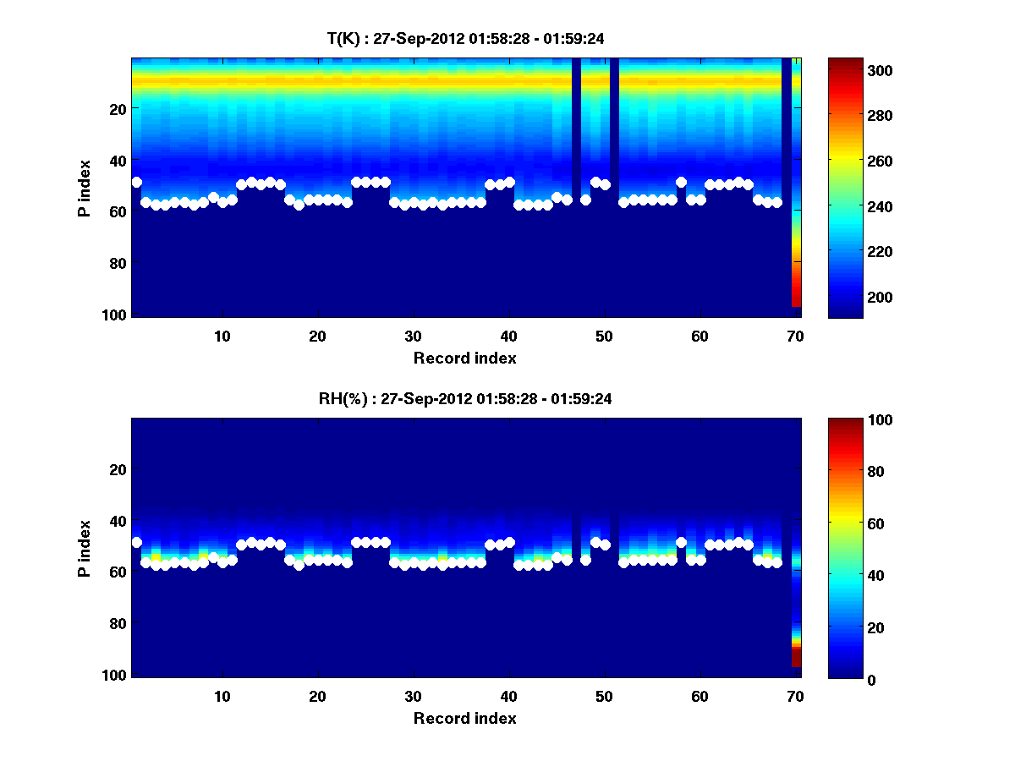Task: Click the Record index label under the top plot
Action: tap(464, 358)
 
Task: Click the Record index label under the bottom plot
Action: tap(464, 718)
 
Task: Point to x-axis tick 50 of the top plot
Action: tap(604, 336)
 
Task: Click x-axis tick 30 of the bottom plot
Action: tap(413, 696)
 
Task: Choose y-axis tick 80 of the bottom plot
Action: tap(118, 623)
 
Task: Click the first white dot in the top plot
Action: tap(137, 182)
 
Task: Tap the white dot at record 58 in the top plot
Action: tap(681, 182)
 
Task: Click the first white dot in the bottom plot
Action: tap(137, 542)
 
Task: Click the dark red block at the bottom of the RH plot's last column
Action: tap(796, 658)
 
